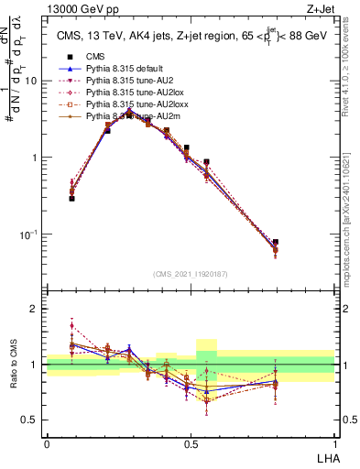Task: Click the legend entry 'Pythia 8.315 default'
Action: (x=123, y=69)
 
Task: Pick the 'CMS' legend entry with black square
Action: (x=96, y=57)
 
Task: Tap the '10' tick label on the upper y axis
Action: (x=32, y=81)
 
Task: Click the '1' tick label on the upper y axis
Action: (x=35, y=158)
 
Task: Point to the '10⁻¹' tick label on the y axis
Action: (x=29, y=234)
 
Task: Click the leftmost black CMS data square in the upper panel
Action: (x=71, y=198)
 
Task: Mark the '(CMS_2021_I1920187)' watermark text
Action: (x=191, y=274)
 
